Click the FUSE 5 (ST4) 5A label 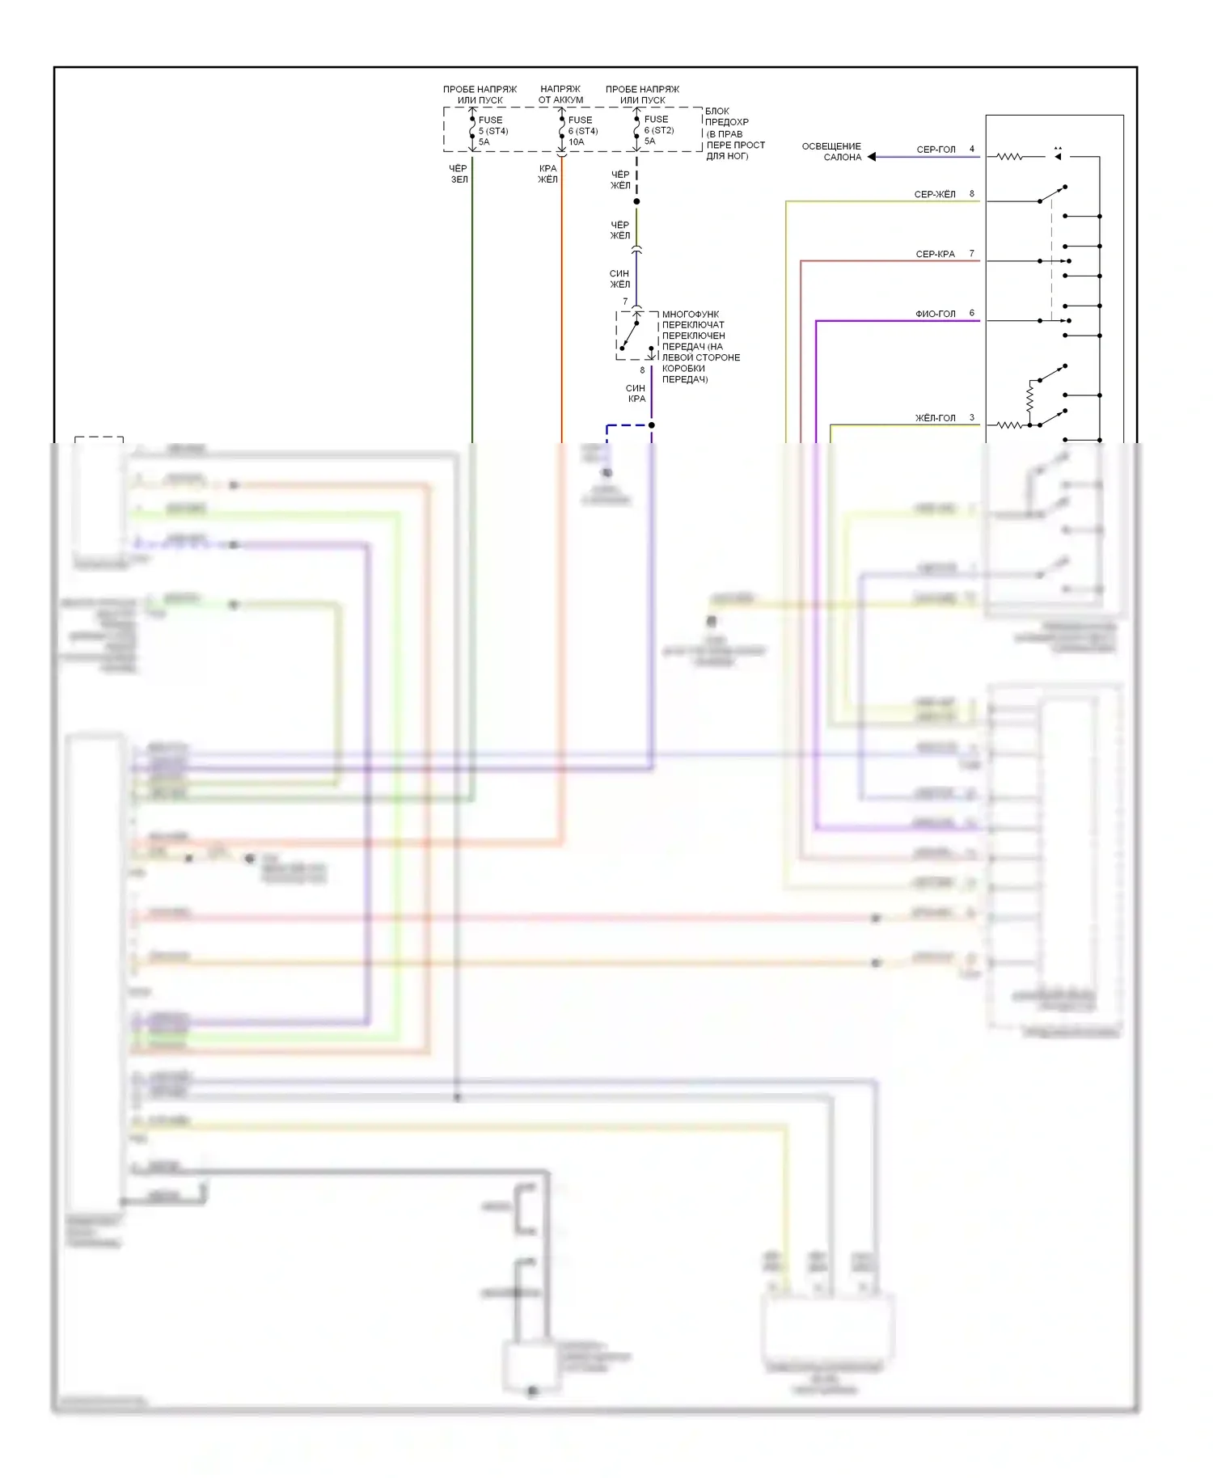pyautogui.click(x=492, y=131)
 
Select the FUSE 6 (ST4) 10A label pyautogui.click(x=582, y=131)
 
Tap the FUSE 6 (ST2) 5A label pyautogui.click(x=658, y=130)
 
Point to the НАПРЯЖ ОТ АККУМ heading pyautogui.click(x=560, y=95)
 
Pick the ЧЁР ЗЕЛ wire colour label pyautogui.click(x=459, y=174)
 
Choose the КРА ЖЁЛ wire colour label pyautogui.click(x=547, y=174)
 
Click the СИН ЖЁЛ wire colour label pyautogui.click(x=619, y=279)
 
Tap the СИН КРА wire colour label pyautogui.click(x=636, y=394)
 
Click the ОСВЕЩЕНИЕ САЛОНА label pyautogui.click(x=831, y=152)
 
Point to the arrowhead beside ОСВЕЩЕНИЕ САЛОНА pyautogui.click(x=872, y=157)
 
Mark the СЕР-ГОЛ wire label pyautogui.click(x=936, y=150)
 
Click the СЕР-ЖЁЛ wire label pyautogui.click(x=935, y=194)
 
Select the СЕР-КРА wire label pyautogui.click(x=935, y=254)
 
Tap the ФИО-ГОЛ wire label pyautogui.click(x=935, y=314)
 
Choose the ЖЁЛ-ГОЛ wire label pyautogui.click(x=935, y=418)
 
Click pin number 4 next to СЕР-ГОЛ pyautogui.click(x=972, y=149)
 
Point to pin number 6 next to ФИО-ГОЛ pyautogui.click(x=972, y=313)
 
